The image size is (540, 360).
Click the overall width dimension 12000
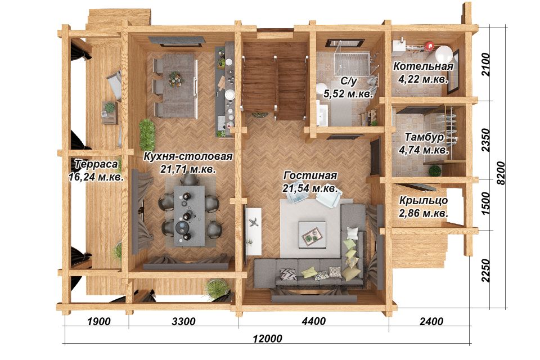(x=267, y=338)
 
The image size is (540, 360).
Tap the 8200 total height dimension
(x=501, y=173)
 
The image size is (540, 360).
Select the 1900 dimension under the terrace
(x=99, y=321)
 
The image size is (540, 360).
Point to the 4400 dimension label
(x=314, y=321)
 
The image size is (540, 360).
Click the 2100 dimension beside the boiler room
(x=485, y=65)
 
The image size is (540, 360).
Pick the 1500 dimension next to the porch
(x=485, y=203)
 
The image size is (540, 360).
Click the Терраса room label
(x=96, y=164)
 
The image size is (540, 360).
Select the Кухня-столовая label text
(x=188, y=156)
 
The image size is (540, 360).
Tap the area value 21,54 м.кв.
(x=310, y=188)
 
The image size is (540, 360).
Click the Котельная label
(x=423, y=66)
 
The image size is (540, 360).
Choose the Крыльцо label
(x=424, y=200)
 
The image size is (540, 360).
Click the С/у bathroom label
(x=349, y=82)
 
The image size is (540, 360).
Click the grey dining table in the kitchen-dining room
(x=189, y=215)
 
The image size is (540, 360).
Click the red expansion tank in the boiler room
(x=429, y=45)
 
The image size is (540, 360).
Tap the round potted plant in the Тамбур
(x=435, y=170)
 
